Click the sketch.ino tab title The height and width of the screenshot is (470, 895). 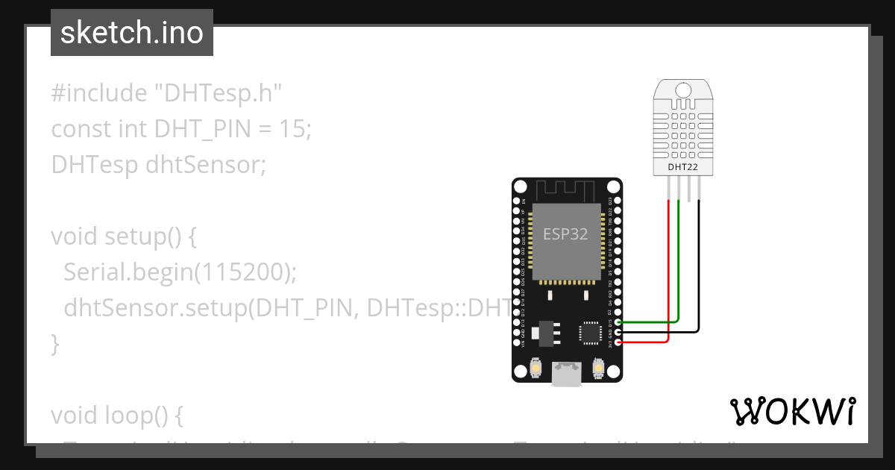point(131,33)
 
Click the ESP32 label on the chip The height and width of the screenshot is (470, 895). point(565,234)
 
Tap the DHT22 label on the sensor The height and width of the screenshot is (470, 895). point(682,167)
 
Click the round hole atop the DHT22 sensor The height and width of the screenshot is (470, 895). point(682,91)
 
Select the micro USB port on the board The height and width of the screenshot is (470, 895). point(567,374)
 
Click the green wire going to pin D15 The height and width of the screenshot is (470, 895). point(649,322)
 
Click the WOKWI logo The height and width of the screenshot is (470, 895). point(792,411)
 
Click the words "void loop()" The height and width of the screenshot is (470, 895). point(116,415)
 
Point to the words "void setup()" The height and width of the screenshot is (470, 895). point(123,236)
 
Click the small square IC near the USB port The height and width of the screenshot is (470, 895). point(590,332)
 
